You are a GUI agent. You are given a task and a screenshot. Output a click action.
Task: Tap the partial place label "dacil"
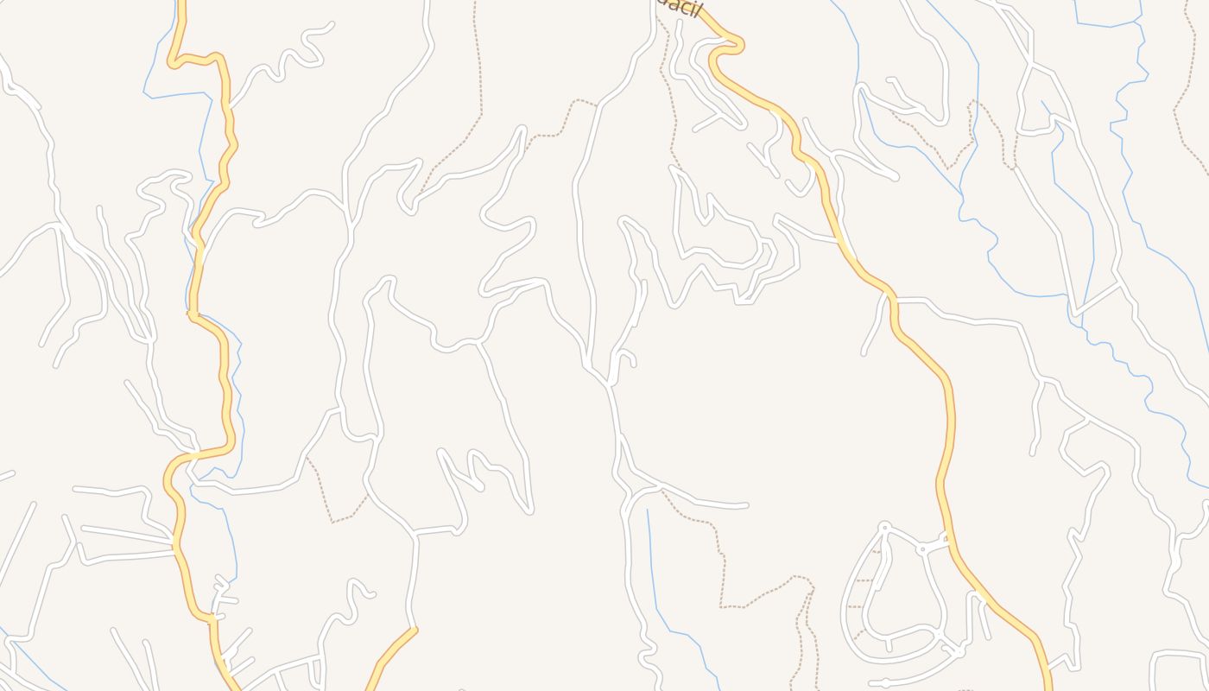677,8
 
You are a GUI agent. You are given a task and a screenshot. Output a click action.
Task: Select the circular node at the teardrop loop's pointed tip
884,526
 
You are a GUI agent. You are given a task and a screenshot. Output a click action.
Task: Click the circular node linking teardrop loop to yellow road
922,548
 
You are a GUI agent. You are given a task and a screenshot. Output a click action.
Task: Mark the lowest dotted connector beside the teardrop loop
858,635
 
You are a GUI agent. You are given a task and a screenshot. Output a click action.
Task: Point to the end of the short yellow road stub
415,630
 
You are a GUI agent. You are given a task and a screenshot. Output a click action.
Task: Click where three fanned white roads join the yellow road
175,543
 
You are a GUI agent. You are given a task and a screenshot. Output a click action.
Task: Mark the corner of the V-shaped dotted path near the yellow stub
332,522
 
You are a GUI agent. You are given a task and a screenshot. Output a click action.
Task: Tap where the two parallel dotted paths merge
812,591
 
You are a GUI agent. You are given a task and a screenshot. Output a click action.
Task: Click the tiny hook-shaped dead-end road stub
629,354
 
